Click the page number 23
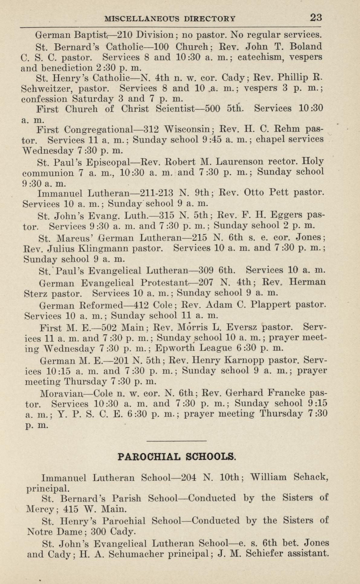(x=316, y=18)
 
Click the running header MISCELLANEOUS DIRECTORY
(x=170, y=19)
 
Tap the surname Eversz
(x=242, y=327)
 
